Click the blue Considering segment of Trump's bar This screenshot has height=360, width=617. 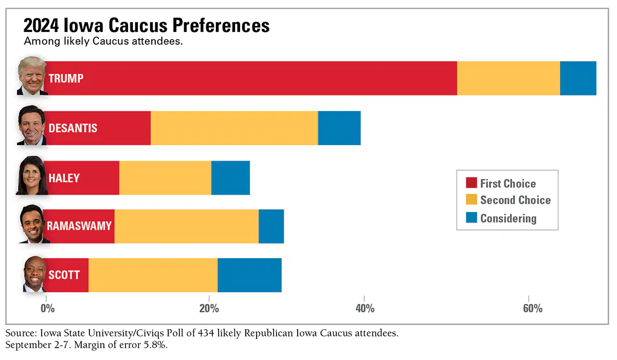(578, 78)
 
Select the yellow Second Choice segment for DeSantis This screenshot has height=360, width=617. (234, 128)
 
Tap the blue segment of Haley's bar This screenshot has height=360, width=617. (230, 178)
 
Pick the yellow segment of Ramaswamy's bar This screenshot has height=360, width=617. (187, 226)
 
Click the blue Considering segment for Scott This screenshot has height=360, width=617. (249, 275)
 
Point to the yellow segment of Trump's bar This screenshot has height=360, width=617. (509, 78)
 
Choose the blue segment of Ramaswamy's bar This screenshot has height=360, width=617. (271, 226)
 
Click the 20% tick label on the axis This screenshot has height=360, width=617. (209, 309)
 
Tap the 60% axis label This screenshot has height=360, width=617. (533, 309)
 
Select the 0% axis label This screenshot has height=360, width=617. (48, 309)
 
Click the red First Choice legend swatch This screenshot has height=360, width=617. (471, 183)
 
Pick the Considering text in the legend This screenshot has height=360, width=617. (509, 219)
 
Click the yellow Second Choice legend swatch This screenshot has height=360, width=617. (471, 200)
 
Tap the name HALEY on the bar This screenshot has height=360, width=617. (64, 178)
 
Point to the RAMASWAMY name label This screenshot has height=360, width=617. (79, 226)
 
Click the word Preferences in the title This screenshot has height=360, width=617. (221, 26)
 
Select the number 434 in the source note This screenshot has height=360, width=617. (206, 333)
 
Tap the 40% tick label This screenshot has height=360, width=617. (365, 309)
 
